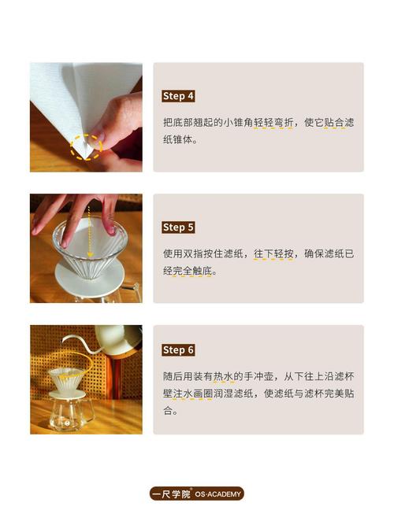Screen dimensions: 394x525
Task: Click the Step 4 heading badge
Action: point(178,96)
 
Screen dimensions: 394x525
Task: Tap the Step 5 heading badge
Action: point(178,227)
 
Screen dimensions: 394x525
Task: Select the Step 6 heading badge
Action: point(178,350)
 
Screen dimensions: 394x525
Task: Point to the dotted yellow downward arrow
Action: point(90,231)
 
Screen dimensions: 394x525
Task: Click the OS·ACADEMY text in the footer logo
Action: point(218,494)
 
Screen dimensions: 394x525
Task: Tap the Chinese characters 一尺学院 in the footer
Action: point(171,494)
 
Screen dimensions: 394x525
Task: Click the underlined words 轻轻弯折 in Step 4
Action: point(273,123)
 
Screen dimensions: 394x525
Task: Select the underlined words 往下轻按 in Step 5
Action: point(273,253)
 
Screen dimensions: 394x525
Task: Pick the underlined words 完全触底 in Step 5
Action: point(192,271)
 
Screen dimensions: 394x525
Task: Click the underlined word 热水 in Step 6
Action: point(223,377)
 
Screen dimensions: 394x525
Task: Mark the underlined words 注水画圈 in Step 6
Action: point(192,394)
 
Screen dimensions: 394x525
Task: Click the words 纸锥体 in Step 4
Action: point(178,139)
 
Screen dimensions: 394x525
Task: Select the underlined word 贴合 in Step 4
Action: point(334,123)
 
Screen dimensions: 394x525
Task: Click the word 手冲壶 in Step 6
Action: point(258,377)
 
